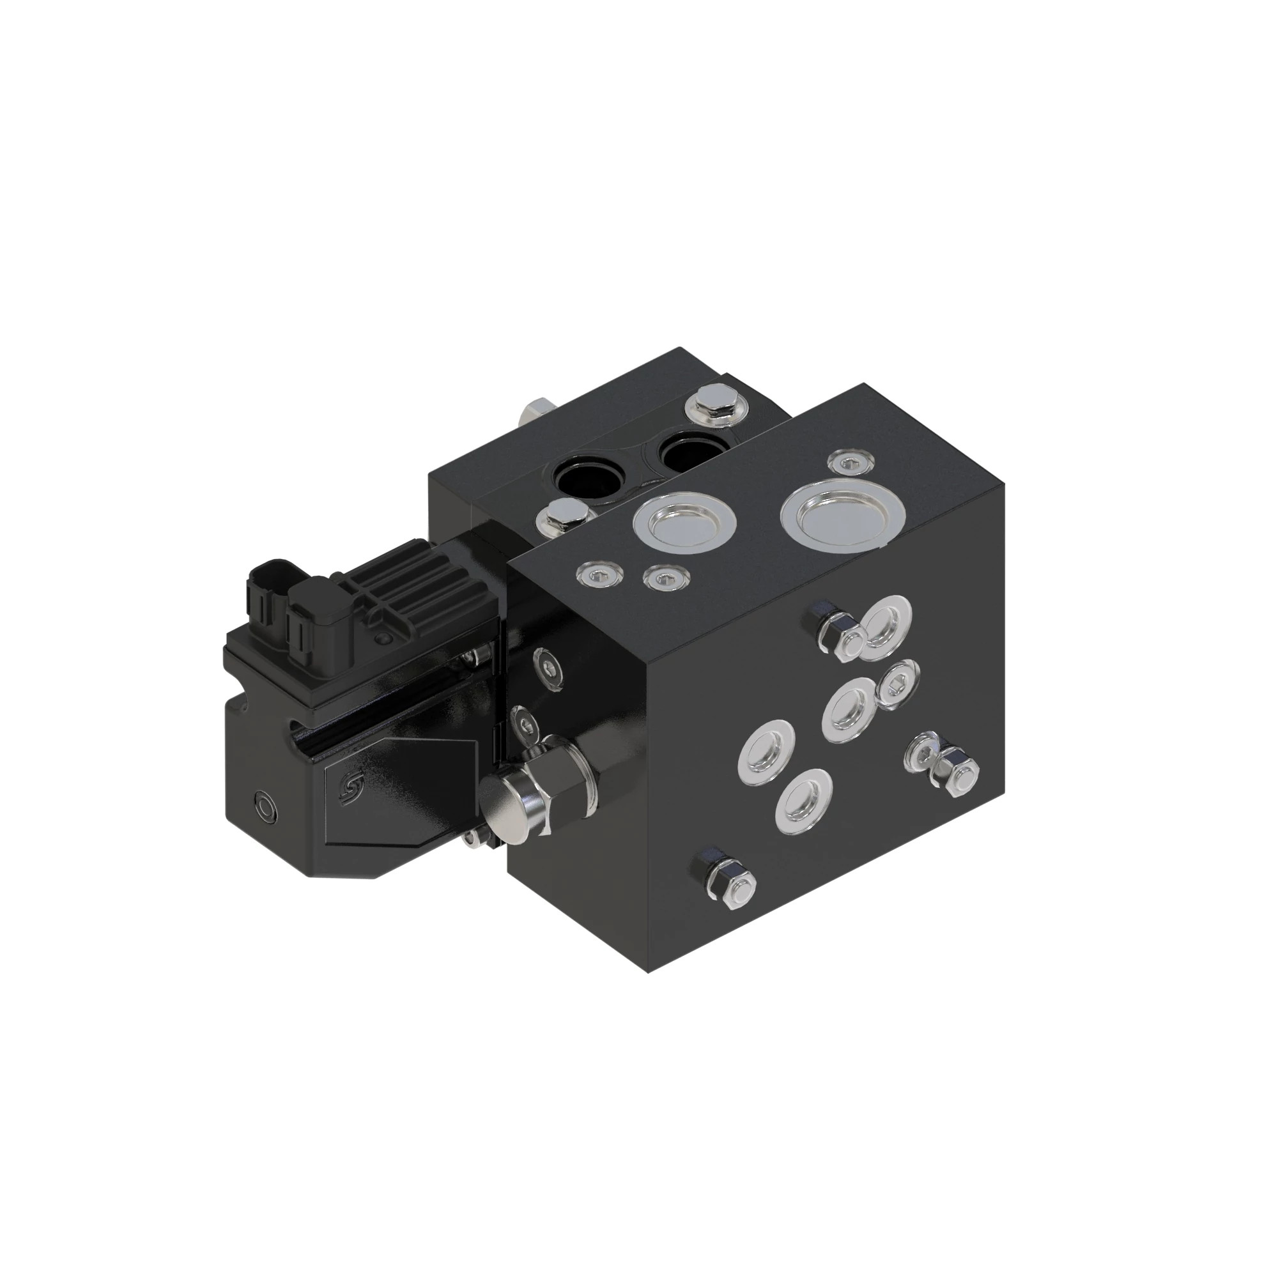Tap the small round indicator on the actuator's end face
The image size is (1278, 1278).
coord(265,806)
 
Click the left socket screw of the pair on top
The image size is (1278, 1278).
coord(601,574)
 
